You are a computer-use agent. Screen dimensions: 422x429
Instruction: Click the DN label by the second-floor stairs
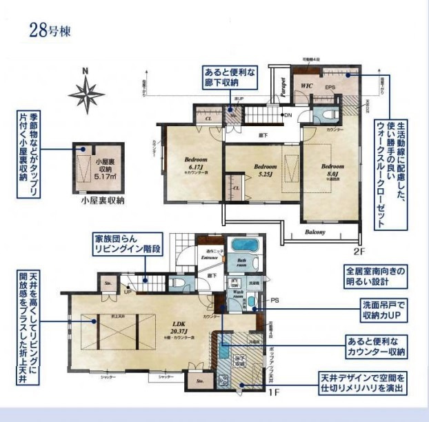pos(288,114)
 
